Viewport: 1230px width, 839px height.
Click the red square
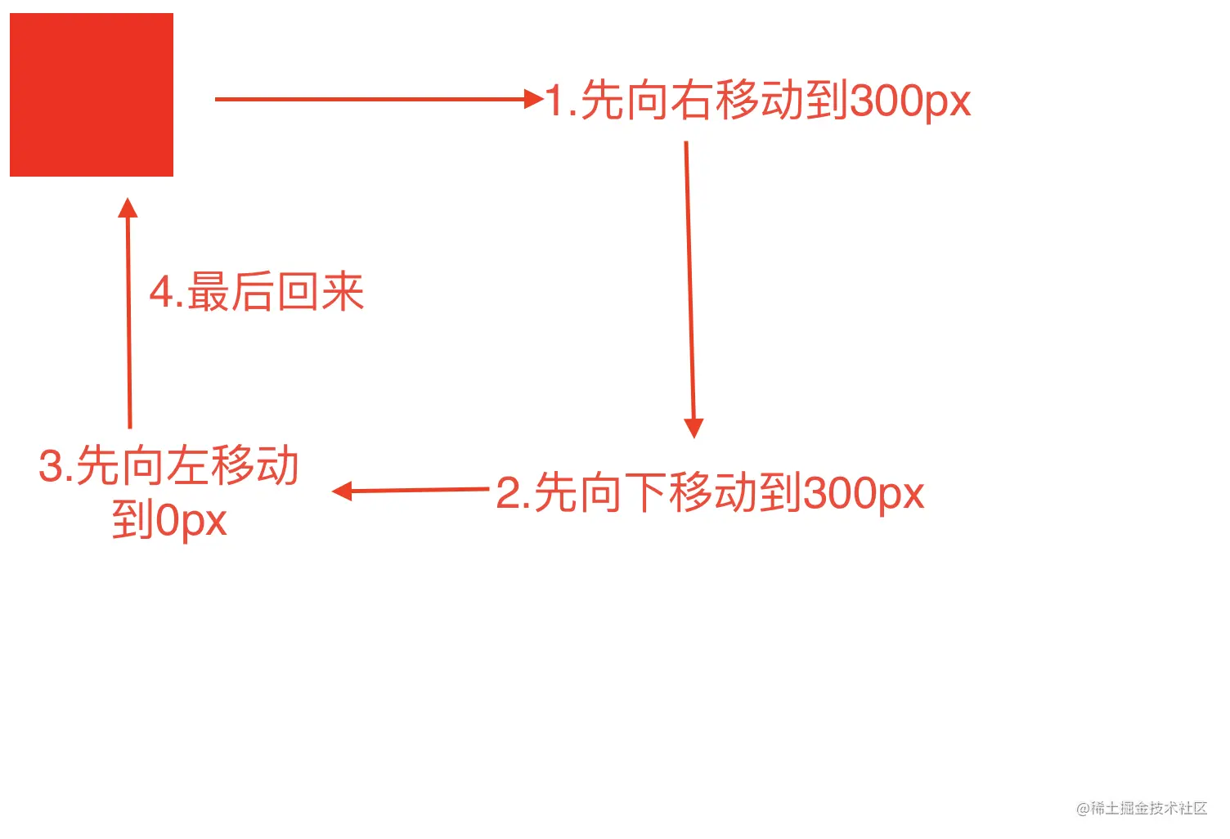click(92, 95)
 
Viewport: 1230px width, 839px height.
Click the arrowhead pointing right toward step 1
click(534, 99)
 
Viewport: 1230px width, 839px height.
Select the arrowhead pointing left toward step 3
click(342, 491)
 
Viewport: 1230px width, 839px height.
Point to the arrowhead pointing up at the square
click(128, 208)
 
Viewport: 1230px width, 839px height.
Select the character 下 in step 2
click(646, 492)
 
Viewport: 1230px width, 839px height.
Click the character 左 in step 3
click(188, 465)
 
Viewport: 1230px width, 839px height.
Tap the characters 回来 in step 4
click(321, 291)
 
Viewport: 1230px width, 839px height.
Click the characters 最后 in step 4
click(231, 291)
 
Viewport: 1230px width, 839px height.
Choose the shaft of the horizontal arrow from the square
click(370, 100)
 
